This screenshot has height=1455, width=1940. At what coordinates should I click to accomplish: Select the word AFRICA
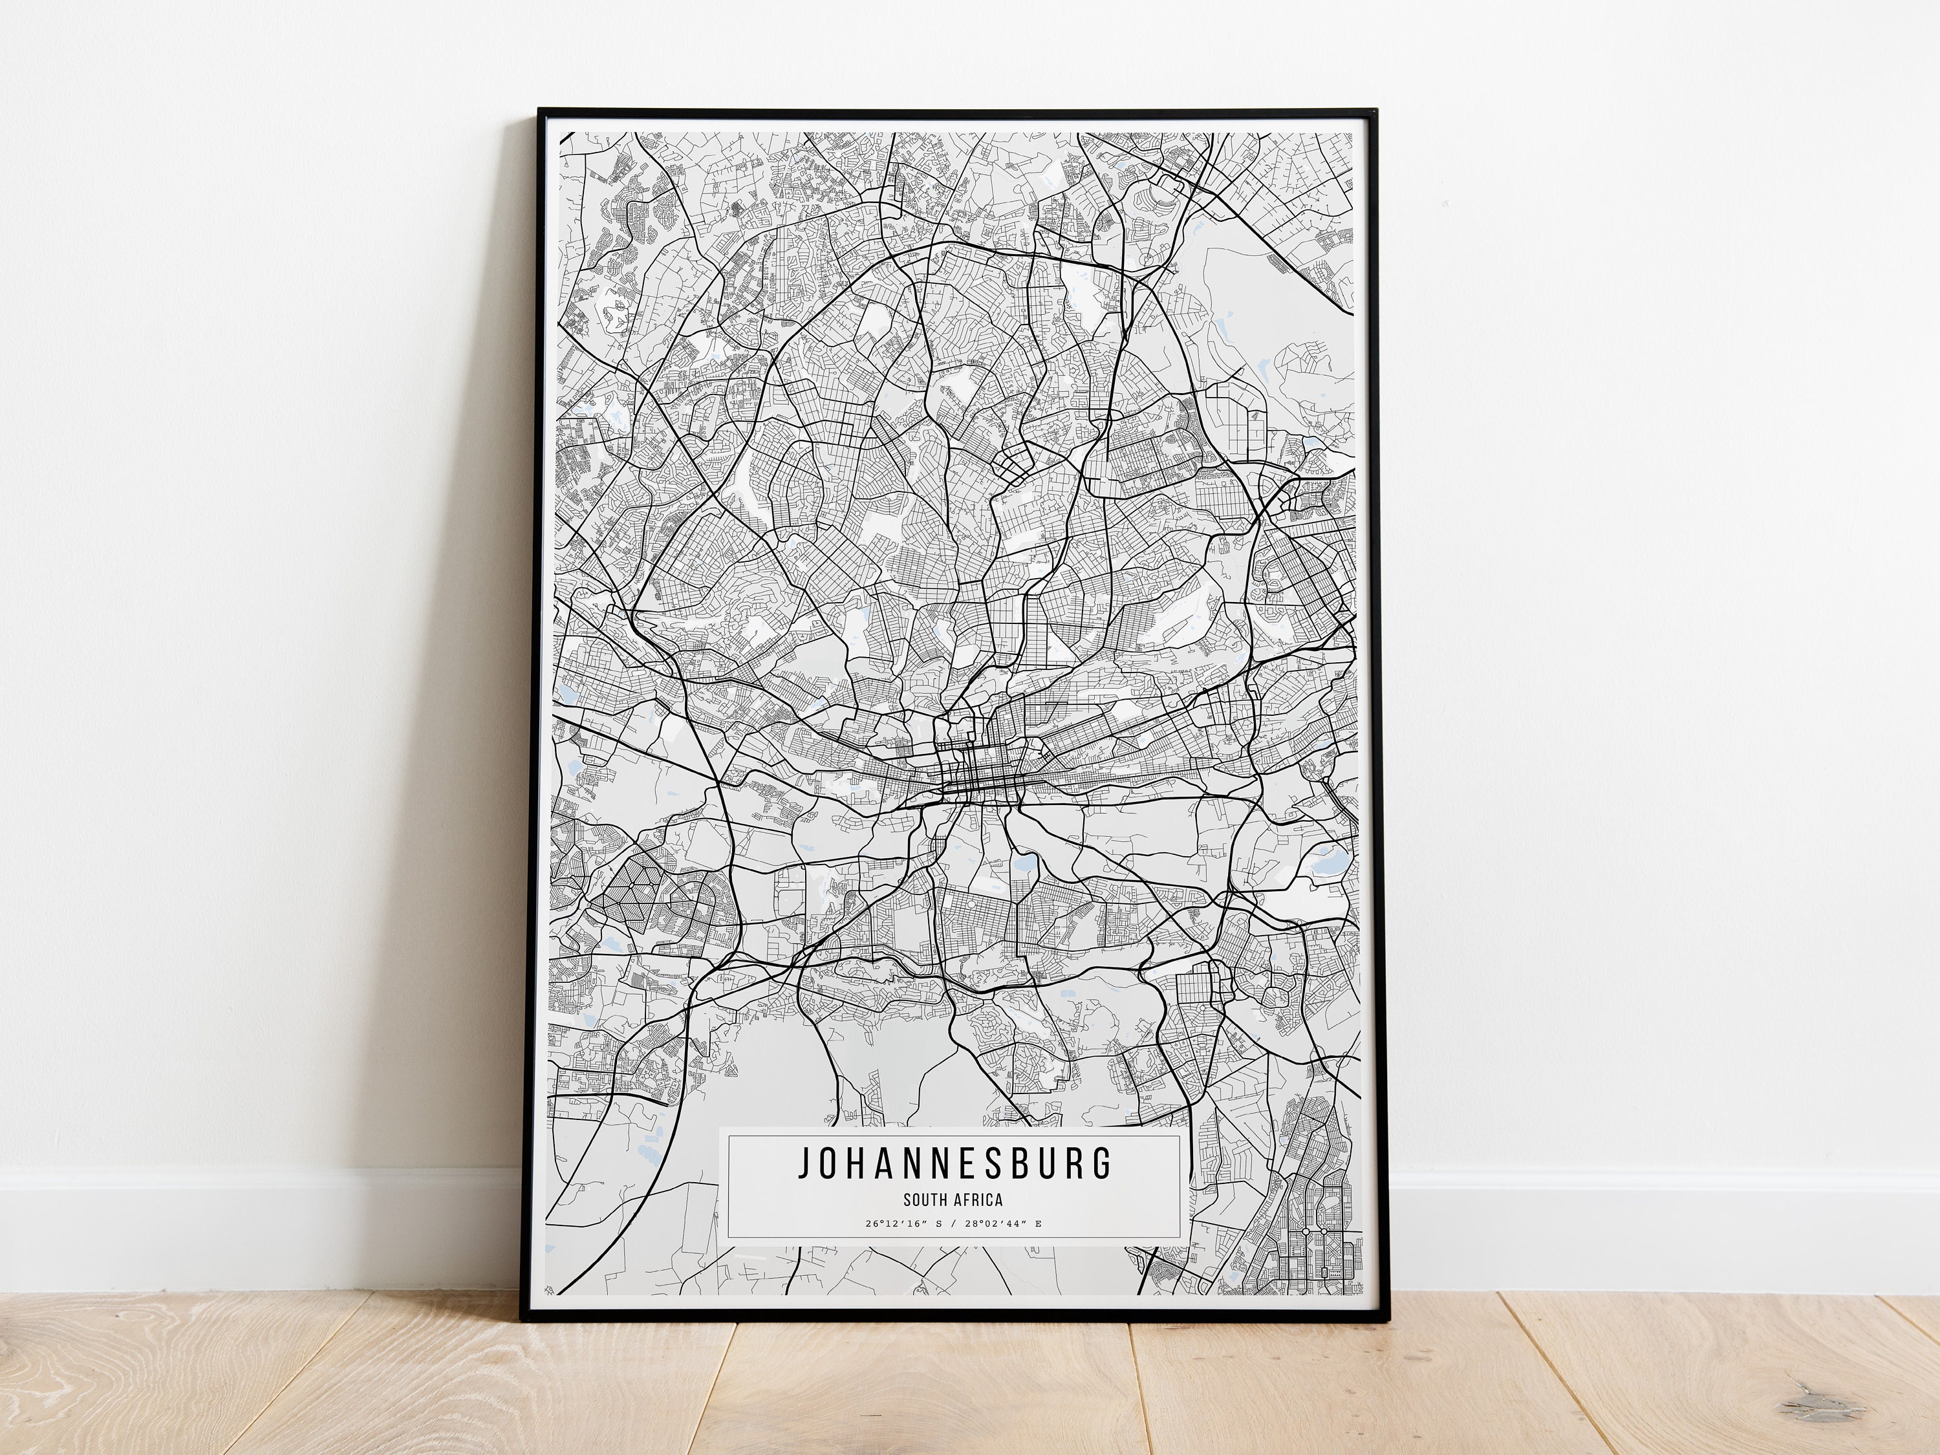click(x=980, y=1200)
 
